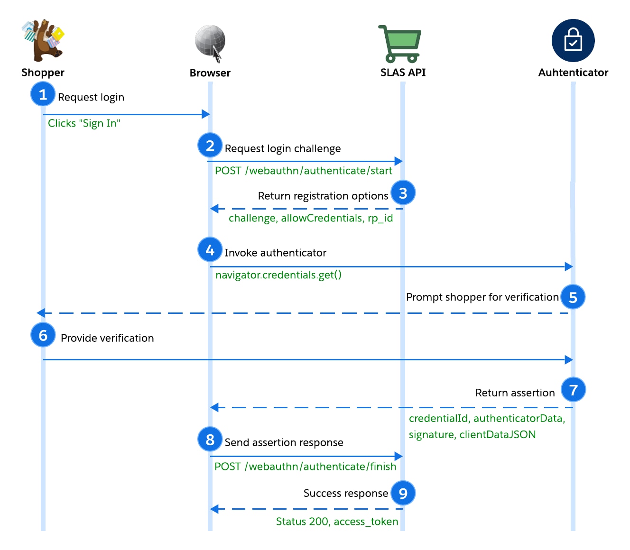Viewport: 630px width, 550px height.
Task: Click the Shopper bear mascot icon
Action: (43, 41)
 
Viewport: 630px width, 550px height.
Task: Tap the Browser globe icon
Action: (210, 42)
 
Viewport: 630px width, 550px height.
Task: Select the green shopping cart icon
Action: (400, 44)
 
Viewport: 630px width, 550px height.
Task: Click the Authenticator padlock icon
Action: (573, 41)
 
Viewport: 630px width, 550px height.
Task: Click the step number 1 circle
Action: (43, 94)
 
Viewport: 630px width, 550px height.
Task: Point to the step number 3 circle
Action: (403, 193)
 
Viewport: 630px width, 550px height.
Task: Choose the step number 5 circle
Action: (573, 297)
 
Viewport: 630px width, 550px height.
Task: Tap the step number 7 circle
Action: (573, 390)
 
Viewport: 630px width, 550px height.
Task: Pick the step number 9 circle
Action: (403, 493)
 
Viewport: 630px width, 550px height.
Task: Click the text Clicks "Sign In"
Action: (84, 123)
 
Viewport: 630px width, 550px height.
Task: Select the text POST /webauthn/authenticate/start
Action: (303, 171)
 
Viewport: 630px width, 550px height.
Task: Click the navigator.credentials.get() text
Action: (278, 275)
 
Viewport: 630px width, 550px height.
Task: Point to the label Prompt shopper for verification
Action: (482, 297)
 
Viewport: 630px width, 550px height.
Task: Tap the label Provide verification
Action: (107, 338)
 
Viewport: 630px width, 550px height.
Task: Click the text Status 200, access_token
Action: (337, 522)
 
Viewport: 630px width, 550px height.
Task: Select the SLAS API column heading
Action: (403, 73)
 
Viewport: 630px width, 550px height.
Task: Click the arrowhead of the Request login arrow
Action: (206, 114)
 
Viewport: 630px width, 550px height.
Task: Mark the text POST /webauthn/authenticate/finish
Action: (305, 467)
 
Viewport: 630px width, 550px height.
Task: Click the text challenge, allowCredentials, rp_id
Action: (311, 218)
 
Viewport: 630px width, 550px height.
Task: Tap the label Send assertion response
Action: (284, 442)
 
